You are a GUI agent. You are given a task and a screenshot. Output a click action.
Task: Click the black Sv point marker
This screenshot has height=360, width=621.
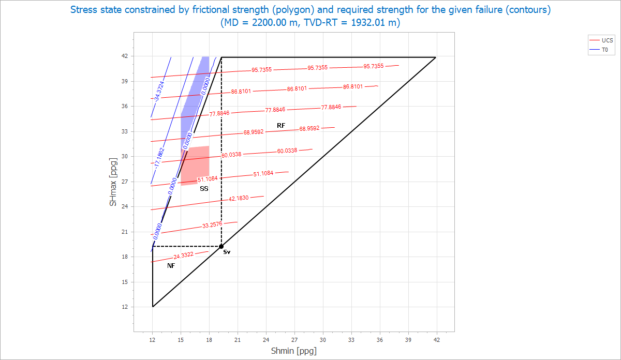(x=221, y=246)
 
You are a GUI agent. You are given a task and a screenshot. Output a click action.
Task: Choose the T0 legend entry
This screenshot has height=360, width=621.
(x=604, y=50)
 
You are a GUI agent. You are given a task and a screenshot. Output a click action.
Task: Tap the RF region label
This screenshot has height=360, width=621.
(x=281, y=126)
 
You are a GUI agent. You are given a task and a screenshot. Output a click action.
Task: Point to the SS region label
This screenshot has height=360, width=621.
(x=204, y=189)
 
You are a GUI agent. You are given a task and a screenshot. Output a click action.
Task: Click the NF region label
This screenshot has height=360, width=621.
(x=171, y=266)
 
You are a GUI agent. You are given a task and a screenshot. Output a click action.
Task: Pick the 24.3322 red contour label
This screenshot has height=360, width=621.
(x=184, y=256)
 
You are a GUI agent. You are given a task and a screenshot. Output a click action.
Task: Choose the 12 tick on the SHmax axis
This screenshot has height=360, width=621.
(x=125, y=307)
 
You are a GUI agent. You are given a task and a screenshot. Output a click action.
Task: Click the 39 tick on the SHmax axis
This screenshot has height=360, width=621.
(x=125, y=81)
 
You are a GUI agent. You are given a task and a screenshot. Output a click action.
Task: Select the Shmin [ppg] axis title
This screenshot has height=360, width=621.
(x=293, y=351)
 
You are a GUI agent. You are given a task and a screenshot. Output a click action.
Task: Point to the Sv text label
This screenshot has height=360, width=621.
(x=227, y=252)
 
